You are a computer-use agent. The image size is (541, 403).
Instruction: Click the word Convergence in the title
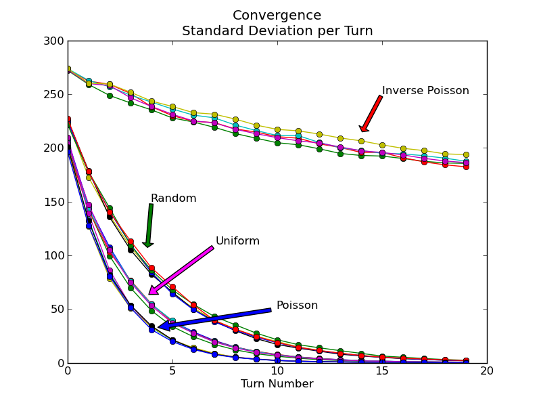[277, 16]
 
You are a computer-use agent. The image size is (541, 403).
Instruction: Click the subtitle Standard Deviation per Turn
[277, 31]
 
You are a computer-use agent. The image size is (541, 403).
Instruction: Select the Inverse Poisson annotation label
[425, 91]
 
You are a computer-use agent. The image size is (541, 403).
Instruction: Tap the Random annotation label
[173, 198]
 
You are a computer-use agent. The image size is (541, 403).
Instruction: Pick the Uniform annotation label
[237, 241]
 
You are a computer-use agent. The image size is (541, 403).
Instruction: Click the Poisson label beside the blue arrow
[297, 305]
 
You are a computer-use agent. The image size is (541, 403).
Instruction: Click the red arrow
[372, 112]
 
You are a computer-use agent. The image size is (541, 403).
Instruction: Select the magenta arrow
[181, 270]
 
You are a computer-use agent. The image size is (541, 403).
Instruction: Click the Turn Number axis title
[277, 384]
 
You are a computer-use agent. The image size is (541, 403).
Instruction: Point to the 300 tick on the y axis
[56, 41]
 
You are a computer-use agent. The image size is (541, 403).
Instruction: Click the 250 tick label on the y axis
[56, 95]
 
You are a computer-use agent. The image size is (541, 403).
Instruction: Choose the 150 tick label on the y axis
[56, 202]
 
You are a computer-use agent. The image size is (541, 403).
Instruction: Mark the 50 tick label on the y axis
[59, 310]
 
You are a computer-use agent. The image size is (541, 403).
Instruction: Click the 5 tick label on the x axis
[172, 371]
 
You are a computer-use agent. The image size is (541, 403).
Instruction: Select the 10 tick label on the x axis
[277, 371]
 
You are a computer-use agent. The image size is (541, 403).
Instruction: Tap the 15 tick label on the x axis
[382, 371]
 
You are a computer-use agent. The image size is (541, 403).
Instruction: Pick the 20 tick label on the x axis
[487, 371]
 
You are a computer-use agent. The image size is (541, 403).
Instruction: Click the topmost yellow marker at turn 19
[466, 155]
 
